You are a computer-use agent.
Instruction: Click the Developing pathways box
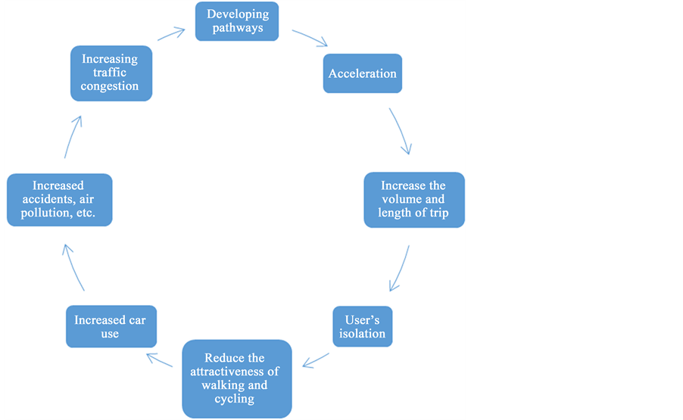(237, 21)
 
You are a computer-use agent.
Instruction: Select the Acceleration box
(362, 73)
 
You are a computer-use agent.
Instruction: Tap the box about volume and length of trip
(413, 200)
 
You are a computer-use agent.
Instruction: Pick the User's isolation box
(362, 326)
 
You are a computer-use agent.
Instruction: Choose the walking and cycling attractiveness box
(237, 378)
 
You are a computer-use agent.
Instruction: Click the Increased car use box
(110, 326)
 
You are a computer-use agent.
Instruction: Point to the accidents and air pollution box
(59, 200)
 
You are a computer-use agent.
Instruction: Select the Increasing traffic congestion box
(111, 73)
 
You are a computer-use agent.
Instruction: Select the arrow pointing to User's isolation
(400, 269)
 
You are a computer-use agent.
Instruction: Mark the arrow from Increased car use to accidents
(73, 268)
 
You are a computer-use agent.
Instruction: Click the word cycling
(235, 399)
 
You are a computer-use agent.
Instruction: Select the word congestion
(110, 86)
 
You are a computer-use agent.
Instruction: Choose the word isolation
(362, 334)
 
